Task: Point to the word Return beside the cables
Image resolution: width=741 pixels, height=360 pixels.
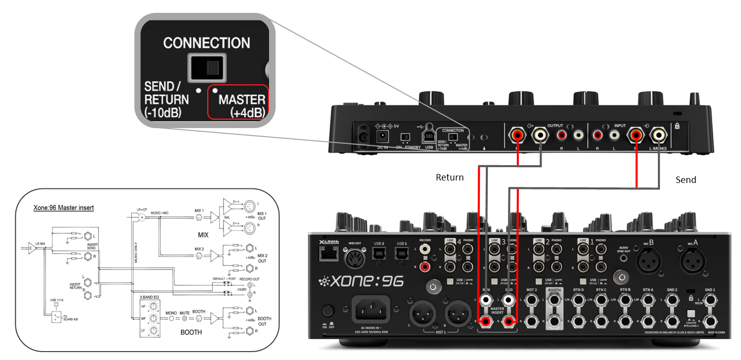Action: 449,177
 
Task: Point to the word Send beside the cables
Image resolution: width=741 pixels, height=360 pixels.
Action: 686,180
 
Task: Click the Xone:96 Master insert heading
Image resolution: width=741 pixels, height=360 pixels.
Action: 63,208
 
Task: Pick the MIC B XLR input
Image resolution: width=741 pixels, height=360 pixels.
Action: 649,260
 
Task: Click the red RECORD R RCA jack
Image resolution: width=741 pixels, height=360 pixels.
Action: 424,268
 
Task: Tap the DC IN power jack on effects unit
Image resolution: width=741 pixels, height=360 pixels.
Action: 382,136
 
